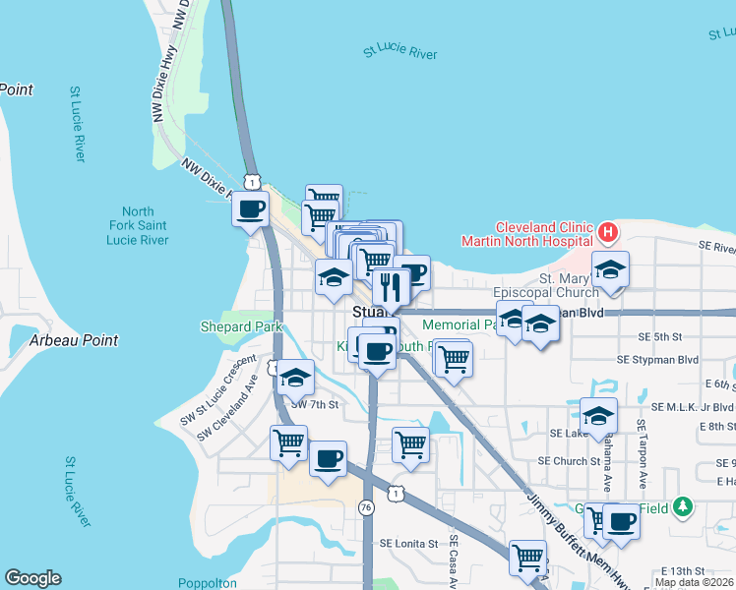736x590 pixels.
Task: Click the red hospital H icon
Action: click(608, 234)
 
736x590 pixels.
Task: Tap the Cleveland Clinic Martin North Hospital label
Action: click(528, 233)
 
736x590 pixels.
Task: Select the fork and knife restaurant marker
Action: click(391, 286)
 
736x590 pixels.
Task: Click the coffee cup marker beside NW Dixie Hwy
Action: click(250, 208)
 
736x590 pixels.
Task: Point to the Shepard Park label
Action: click(241, 326)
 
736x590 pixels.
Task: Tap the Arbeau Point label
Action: click(74, 340)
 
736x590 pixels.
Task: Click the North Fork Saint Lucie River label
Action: click(138, 226)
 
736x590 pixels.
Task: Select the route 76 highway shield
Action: click(366, 508)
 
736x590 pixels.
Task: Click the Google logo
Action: click(32, 578)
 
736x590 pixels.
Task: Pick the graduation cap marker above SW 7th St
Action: click(294, 376)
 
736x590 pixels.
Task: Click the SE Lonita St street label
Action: click(408, 543)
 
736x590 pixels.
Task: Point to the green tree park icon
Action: click(683, 507)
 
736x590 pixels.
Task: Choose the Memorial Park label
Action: click(458, 324)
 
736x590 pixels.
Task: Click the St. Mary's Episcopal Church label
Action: click(548, 285)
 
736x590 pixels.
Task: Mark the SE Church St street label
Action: click(569, 460)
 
